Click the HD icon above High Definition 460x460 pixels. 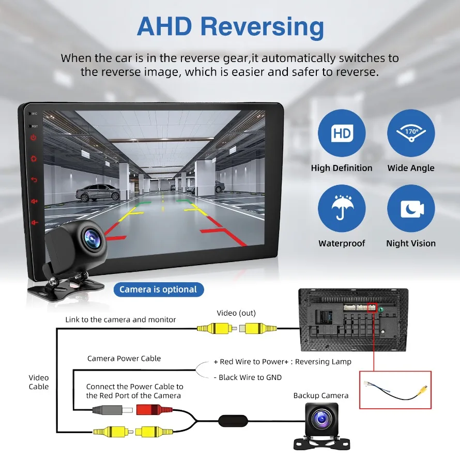pyautogui.click(x=342, y=133)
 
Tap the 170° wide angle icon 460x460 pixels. pyautogui.click(x=411, y=133)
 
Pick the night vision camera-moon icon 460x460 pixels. pyautogui.click(x=411, y=208)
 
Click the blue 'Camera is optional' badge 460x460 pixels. pyautogui.click(x=159, y=289)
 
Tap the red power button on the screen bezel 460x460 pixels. pyautogui.click(x=34, y=137)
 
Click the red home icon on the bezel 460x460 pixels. pyautogui.click(x=34, y=159)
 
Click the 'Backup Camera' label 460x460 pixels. pyautogui.click(x=320, y=395)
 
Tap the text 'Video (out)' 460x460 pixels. pyautogui.click(x=236, y=313)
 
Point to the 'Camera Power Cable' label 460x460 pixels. pyautogui.click(x=124, y=359)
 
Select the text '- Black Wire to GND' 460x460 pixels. pyautogui.click(x=248, y=377)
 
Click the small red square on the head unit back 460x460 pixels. pyautogui.click(x=372, y=308)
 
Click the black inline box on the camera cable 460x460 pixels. pyautogui.click(x=233, y=420)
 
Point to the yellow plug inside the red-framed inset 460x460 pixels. pyautogui.click(x=423, y=389)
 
